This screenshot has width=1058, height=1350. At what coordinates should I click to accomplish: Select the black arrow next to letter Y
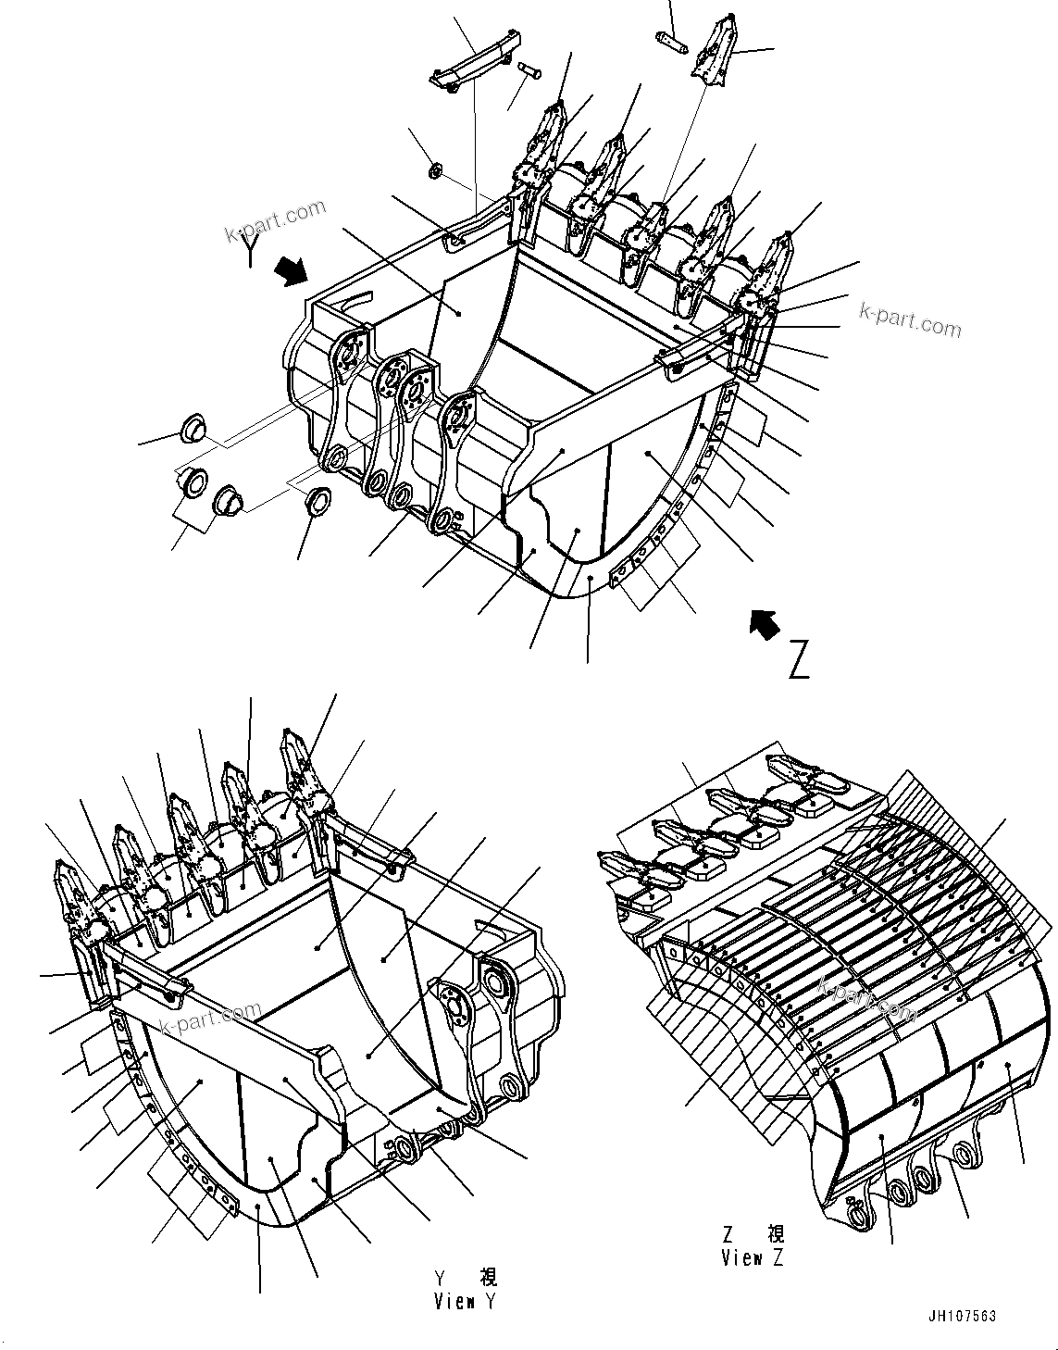[x=293, y=270]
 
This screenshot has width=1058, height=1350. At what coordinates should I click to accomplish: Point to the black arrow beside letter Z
[x=763, y=625]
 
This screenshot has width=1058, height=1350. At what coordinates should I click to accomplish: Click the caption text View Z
[x=752, y=1257]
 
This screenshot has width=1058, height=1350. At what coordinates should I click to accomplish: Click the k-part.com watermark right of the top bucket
[x=910, y=320]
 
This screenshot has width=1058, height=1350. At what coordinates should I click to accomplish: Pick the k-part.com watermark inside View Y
[x=210, y=1019]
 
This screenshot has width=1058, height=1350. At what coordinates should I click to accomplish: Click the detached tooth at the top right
[x=714, y=50]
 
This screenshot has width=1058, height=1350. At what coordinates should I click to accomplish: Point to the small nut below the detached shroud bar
[x=436, y=169]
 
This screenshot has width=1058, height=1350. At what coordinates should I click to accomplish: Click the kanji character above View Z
[x=775, y=1234]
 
